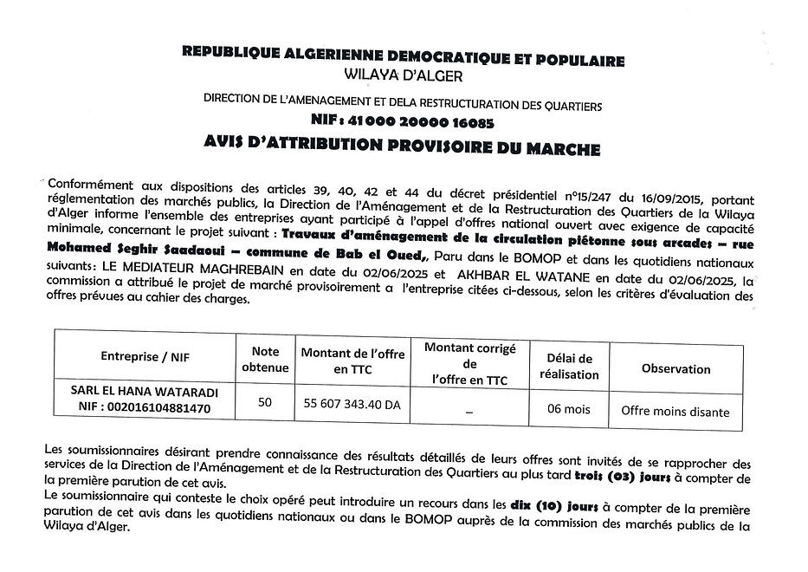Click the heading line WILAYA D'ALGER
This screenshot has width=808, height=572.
tap(403, 76)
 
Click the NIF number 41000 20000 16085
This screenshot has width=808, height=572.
tap(402, 122)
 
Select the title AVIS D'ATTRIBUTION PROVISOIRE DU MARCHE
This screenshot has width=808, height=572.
tap(403, 148)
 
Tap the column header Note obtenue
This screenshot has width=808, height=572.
tap(265, 360)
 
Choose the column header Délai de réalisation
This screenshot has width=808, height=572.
tap(569, 367)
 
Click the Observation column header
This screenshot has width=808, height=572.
tap(675, 368)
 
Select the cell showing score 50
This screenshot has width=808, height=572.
tap(265, 402)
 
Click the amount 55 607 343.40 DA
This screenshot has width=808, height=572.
tap(352, 404)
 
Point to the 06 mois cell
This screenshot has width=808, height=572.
tap(569, 404)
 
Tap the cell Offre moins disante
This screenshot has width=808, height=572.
tap(675, 412)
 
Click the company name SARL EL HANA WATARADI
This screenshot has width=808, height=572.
tap(145, 393)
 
